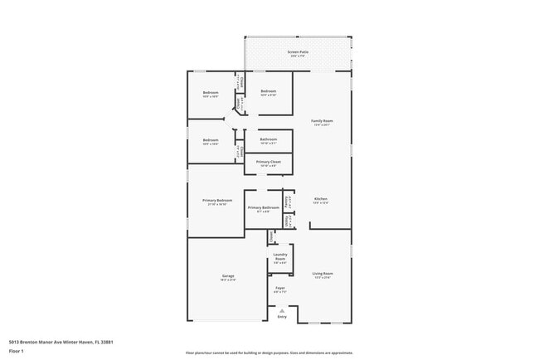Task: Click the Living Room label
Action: click(x=322, y=275)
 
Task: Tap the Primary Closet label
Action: click(x=268, y=163)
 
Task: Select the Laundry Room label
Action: click(x=279, y=255)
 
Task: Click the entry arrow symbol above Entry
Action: click(x=282, y=311)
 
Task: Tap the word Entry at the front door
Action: click(x=282, y=317)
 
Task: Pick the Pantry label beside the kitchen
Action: click(x=288, y=200)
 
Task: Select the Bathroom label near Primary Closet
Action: click(x=268, y=140)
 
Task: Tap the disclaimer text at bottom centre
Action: click(x=269, y=353)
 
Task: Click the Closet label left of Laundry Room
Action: click(x=271, y=237)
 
